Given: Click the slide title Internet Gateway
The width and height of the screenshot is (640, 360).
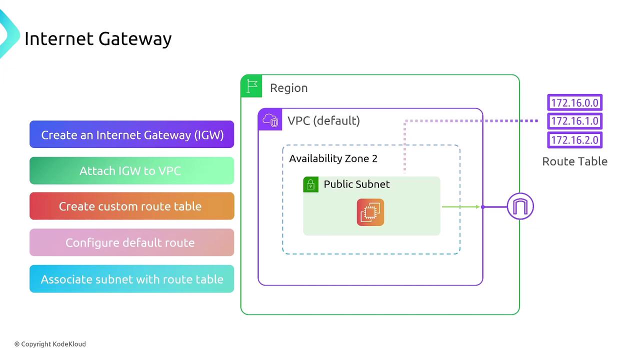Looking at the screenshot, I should pos(98,38).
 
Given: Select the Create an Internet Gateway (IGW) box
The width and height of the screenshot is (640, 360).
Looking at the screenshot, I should pos(132,135).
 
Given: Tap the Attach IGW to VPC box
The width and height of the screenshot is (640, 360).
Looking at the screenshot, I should pos(132,171).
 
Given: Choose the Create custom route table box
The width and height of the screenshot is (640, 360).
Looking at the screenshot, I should pos(132,206).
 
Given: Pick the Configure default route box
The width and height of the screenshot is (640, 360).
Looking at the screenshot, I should pos(132,243).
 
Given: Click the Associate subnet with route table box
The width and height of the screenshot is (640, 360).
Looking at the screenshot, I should pos(132,279).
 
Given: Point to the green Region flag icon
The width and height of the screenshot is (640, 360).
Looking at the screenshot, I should pos(252,86).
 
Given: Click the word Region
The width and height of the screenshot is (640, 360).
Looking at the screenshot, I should pos(288,88).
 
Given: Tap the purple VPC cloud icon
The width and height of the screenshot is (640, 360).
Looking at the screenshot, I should pos(270,120).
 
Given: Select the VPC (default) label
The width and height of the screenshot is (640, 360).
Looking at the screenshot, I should pos(323,120).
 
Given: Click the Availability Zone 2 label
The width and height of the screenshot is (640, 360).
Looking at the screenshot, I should pos(333,158).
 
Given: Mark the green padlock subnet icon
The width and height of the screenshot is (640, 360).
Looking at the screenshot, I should pos(310,184).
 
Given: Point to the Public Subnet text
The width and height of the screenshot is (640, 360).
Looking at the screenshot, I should pos(356,184).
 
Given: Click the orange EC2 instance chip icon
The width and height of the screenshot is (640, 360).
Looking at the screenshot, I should pos(370,212).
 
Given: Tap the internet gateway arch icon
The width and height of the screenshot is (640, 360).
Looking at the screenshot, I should pos(520,206).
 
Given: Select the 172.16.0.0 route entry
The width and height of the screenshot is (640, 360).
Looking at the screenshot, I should pos(574,103).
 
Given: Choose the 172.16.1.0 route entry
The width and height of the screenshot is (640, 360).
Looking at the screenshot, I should pos(574,121).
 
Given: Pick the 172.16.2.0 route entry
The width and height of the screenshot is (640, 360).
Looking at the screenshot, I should pos(574,140).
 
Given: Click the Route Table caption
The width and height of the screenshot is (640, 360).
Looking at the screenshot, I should pos(574,161).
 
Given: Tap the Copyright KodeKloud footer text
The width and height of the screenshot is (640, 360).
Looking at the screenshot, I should pos(50,344).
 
